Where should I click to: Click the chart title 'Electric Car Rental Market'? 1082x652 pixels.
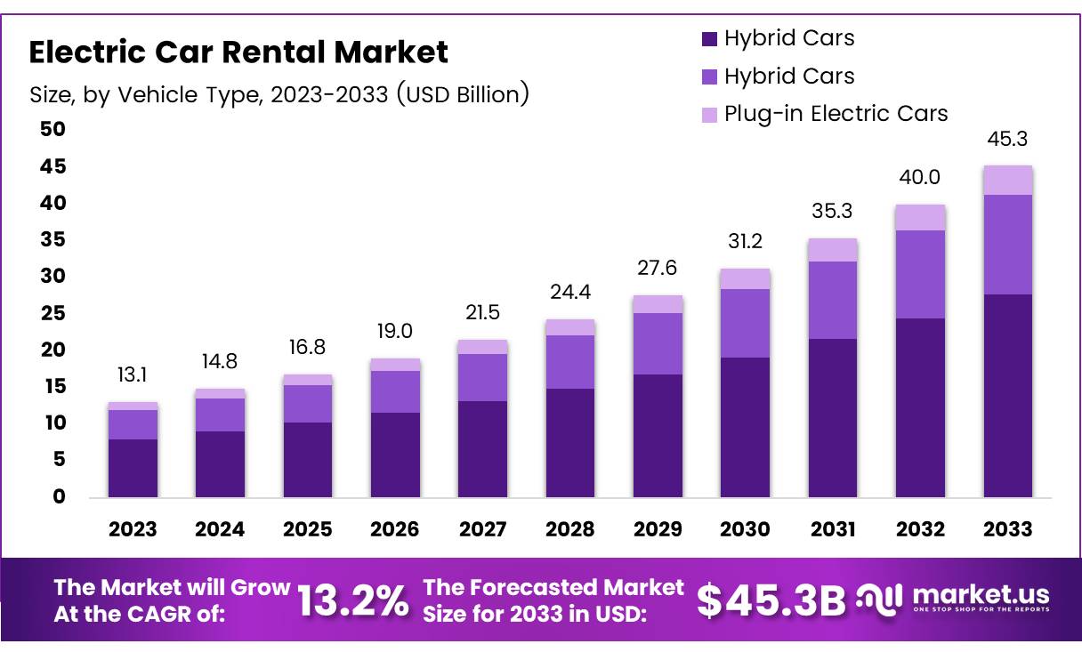238,52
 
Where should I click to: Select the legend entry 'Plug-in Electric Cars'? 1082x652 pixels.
836,114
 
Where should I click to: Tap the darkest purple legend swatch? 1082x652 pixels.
709,38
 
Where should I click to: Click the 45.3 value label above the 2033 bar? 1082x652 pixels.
1007,140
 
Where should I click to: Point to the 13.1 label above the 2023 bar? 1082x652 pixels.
133,376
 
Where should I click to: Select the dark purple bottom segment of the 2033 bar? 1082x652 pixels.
1007,396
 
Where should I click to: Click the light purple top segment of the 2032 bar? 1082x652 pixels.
920,217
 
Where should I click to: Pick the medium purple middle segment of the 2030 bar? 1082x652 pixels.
745,323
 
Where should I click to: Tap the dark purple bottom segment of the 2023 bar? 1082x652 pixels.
133,468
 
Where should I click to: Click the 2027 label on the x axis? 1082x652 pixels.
482,529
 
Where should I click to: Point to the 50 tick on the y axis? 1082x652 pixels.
52,130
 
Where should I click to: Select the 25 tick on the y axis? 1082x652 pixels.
52,313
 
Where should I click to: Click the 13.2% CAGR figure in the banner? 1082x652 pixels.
352,601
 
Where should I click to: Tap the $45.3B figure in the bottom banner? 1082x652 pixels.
770,601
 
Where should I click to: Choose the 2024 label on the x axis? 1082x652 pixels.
220,529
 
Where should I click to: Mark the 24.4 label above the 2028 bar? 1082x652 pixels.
569,293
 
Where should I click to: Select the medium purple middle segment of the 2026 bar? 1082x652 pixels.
395,391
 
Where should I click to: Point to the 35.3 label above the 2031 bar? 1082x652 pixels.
832,213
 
